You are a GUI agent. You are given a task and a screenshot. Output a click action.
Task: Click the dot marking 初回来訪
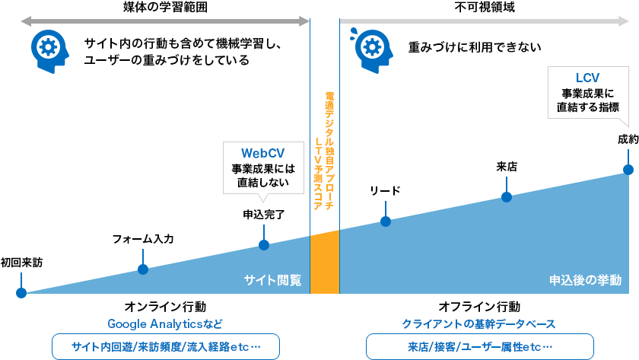click(x=21, y=292)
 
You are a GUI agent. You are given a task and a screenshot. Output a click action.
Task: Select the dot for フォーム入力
click(x=142, y=269)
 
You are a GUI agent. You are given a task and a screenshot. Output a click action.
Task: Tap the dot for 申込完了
click(x=263, y=245)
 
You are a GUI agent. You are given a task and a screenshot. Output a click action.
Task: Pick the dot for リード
click(x=386, y=221)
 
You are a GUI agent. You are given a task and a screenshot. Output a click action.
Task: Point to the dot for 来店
click(x=507, y=197)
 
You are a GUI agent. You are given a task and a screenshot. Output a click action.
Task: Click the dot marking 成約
click(x=628, y=170)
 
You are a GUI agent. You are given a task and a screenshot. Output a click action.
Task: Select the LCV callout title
click(x=588, y=78)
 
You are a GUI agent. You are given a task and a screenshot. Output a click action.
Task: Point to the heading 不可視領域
click(x=478, y=8)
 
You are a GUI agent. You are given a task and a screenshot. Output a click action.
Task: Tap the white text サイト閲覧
click(x=272, y=280)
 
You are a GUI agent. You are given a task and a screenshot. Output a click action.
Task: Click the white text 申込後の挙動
click(x=585, y=280)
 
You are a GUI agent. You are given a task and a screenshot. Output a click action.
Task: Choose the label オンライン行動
click(x=165, y=307)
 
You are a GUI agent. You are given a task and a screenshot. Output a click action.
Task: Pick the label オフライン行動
click(x=479, y=307)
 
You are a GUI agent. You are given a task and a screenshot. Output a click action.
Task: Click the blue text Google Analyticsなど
click(x=165, y=324)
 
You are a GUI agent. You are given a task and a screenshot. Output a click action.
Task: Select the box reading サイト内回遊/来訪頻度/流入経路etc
click(x=165, y=346)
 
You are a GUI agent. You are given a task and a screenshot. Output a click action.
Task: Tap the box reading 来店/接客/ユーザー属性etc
click(x=479, y=346)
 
